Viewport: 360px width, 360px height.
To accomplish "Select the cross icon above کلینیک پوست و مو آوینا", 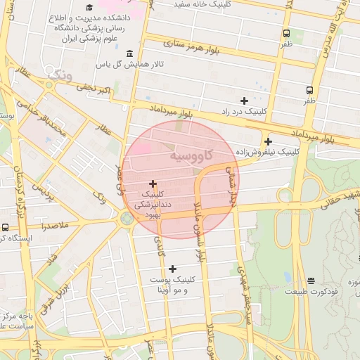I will (173, 269).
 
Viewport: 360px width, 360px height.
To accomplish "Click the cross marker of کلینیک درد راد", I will (244, 101).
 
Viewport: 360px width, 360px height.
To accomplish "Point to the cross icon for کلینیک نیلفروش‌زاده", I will (268, 141).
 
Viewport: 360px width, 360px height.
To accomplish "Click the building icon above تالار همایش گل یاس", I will (129, 54).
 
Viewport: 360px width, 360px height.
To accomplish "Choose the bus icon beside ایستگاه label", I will (6, 227).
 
